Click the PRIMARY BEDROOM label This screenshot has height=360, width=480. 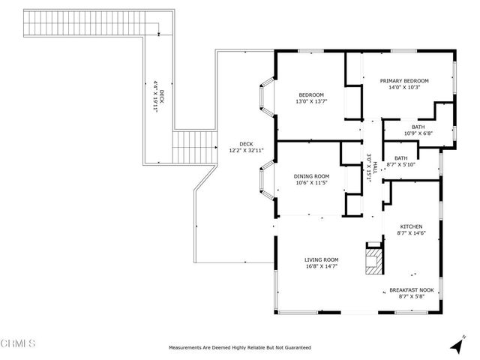403,81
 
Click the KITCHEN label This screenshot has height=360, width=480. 410,226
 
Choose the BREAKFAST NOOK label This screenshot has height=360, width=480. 411,289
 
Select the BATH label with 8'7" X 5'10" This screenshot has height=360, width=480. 401,157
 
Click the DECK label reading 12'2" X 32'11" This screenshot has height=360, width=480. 245,144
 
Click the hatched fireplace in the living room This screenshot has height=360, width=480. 373,260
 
